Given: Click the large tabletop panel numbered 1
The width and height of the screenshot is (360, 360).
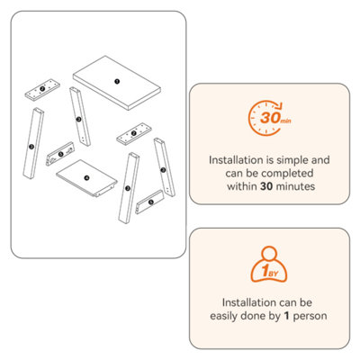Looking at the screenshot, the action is [117, 83].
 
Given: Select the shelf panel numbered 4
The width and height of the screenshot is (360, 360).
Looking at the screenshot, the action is [86, 178].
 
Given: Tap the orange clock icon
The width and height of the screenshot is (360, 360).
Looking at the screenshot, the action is [265, 118].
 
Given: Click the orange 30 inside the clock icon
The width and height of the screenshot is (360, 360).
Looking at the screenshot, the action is [269, 118].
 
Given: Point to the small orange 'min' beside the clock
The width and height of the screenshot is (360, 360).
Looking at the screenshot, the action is [285, 121].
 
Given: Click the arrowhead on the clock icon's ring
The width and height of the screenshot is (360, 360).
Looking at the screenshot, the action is [279, 106].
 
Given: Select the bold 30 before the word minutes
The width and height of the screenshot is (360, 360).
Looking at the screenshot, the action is [266, 186].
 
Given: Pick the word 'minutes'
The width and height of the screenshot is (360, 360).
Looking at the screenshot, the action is [295, 186].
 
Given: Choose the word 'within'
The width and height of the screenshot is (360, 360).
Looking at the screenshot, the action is [242, 186].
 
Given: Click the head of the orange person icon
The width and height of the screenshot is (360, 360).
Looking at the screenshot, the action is [269, 253].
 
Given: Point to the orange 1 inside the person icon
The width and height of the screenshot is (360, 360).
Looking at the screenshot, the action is [265, 272].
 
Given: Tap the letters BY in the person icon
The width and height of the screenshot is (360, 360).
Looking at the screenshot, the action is [273, 274].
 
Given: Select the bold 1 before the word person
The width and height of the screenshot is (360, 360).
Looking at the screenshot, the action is [287, 316].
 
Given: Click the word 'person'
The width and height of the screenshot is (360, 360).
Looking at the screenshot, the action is [310, 317].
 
